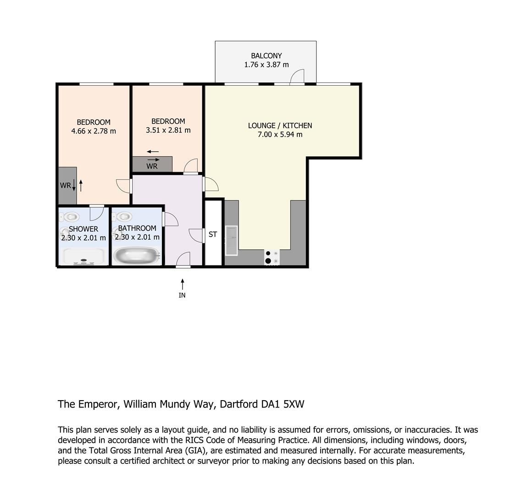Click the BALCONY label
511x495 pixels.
pyautogui.click(x=266, y=56)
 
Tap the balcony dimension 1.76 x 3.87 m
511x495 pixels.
pyautogui.click(x=266, y=65)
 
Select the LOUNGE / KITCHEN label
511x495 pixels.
pyautogui.click(x=280, y=126)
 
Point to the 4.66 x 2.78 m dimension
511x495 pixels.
pyautogui.click(x=94, y=131)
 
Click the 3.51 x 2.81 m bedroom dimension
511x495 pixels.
pyautogui.click(x=168, y=130)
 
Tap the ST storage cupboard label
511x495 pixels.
pyautogui.click(x=213, y=234)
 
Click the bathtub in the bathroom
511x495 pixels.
pyautogui.click(x=136, y=256)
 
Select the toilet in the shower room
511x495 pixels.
pyautogui.click(x=69, y=216)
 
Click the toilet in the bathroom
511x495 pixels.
pyautogui.click(x=122, y=216)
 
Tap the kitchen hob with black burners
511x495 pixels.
pyautogui.click(x=272, y=257)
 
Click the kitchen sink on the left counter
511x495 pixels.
pyautogui.click(x=231, y=240)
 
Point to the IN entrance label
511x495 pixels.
pyautogui.click(x=182, y=295)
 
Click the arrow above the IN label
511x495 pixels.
pyautogui.click(x=183, y=284)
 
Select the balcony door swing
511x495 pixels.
pyautogui.click(x=297, y=77)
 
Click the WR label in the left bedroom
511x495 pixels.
pyautogui.click(x=65, y=185)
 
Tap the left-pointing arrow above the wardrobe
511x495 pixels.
pyautogui.click(x=152, y=151)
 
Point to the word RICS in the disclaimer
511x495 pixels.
pyautogui.click(x=194, y=440)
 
